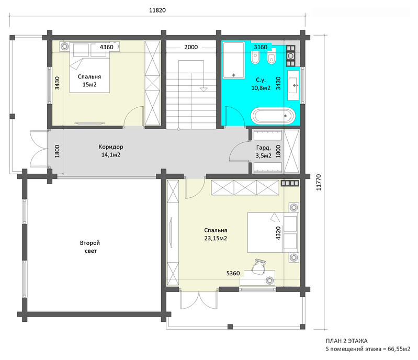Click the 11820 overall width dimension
click(157, 10)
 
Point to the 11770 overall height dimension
click(319, 183)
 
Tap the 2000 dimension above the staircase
click(191, 47)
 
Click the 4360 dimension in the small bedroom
click(106, 47)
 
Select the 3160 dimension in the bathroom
click(261, 47)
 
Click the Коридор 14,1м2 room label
click(111, 151)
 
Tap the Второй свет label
click(90, 246)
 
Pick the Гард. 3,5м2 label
click(264, 151)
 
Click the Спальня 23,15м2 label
click(216, 234)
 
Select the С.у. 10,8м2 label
click(261, 84)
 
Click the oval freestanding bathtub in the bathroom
click(274, 116)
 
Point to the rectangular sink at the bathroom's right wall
click(293, 85)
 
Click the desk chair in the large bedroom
click(258, 267)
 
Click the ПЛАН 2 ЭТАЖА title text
click(346, 341)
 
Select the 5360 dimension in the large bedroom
click(233, 273)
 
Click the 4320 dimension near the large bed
click(278, 233)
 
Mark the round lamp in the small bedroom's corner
click(64, 47)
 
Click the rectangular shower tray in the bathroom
click(234, 60)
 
